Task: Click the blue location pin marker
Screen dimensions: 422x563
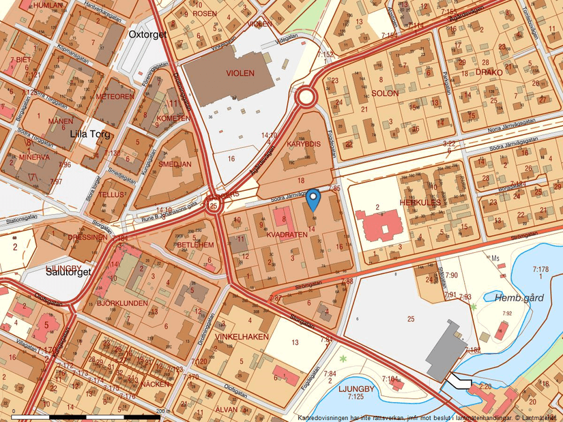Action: coord(313,200)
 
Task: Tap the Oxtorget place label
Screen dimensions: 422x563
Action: coord(147,34)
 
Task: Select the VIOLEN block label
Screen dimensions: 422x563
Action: coord(240,73)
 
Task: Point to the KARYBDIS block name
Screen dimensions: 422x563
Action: coord(303,145)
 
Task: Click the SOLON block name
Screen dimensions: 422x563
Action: coord(386,93)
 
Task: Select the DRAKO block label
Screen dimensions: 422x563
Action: coord(489,72)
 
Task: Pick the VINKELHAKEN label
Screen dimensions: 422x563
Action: coord(242,337)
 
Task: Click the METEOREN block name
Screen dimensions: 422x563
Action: coord(115,97)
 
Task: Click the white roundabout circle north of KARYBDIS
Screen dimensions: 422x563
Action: coord(305,97)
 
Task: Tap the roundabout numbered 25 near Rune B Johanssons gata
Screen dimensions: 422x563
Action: coord(214,205)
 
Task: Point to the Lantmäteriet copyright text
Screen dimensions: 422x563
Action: coord(429,417)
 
